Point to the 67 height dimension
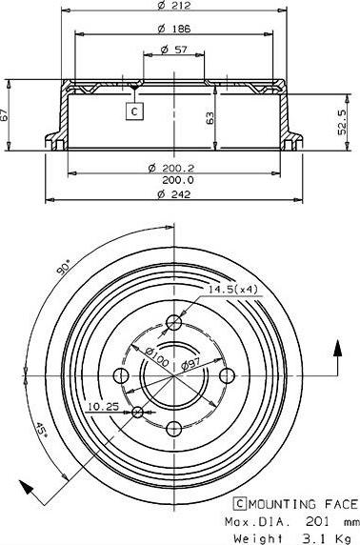[7, 113]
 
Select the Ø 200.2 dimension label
[171, 167]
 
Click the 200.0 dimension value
[177, 179]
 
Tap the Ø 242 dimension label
[171, 194]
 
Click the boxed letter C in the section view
[134, 112]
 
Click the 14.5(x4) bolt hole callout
[232, 289]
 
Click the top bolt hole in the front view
[174, 322]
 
